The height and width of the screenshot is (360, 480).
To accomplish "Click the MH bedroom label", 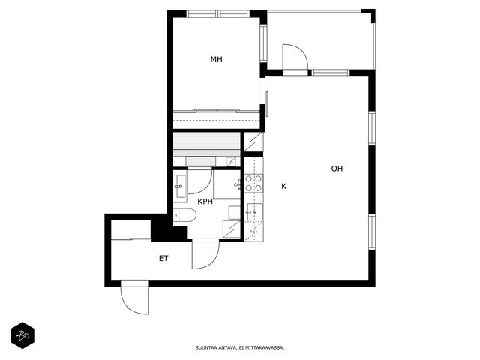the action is click(217, 59).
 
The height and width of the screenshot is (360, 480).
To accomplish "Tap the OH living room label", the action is click(337, 169).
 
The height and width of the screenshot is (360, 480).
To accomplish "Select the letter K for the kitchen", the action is click(284, 186).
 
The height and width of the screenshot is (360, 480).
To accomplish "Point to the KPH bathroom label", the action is click(205, 202).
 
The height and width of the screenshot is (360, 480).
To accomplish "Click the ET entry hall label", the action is click(163, 258).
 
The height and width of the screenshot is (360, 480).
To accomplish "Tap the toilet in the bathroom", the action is click(184, 215).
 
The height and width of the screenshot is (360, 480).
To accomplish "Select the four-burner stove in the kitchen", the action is click(253, 183).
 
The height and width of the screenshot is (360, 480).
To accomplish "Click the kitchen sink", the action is click(255, 211).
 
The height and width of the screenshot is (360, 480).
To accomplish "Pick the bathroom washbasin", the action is click(180, 187).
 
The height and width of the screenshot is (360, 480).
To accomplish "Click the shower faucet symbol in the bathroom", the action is click(238, 185).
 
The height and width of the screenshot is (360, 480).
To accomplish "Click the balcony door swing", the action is click(295, 57).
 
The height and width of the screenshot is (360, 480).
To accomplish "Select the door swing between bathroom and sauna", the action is click(200, 181).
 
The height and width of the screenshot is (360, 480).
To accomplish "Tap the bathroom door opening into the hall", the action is click(205, 255).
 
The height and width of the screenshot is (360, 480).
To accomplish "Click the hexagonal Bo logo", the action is click(22, 335).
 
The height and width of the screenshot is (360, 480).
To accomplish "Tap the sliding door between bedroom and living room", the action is click(267, 103).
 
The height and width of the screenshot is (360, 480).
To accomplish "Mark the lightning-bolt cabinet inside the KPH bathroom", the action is click(232, 229).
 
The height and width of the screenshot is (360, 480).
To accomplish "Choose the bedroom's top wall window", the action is click(218, 13).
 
